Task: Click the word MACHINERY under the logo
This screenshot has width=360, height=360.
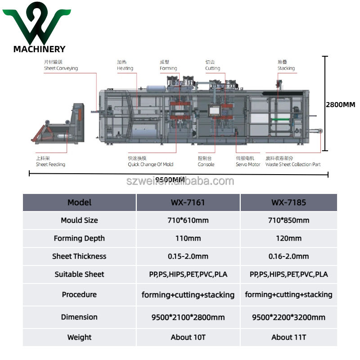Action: (39, 49)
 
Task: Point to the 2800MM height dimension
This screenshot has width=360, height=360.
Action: (340, 105)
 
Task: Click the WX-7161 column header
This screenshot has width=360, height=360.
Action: (188, 202)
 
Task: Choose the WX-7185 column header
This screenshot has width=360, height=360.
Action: (288, 202)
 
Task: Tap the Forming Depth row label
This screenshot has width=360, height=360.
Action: (79, 238)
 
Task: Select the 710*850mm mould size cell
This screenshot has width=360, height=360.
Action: (288, 220)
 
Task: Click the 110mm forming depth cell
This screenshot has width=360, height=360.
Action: (188, 238)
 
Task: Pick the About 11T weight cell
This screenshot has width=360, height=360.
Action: (288, 337)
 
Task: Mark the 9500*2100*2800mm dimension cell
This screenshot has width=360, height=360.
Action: (188, 317)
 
